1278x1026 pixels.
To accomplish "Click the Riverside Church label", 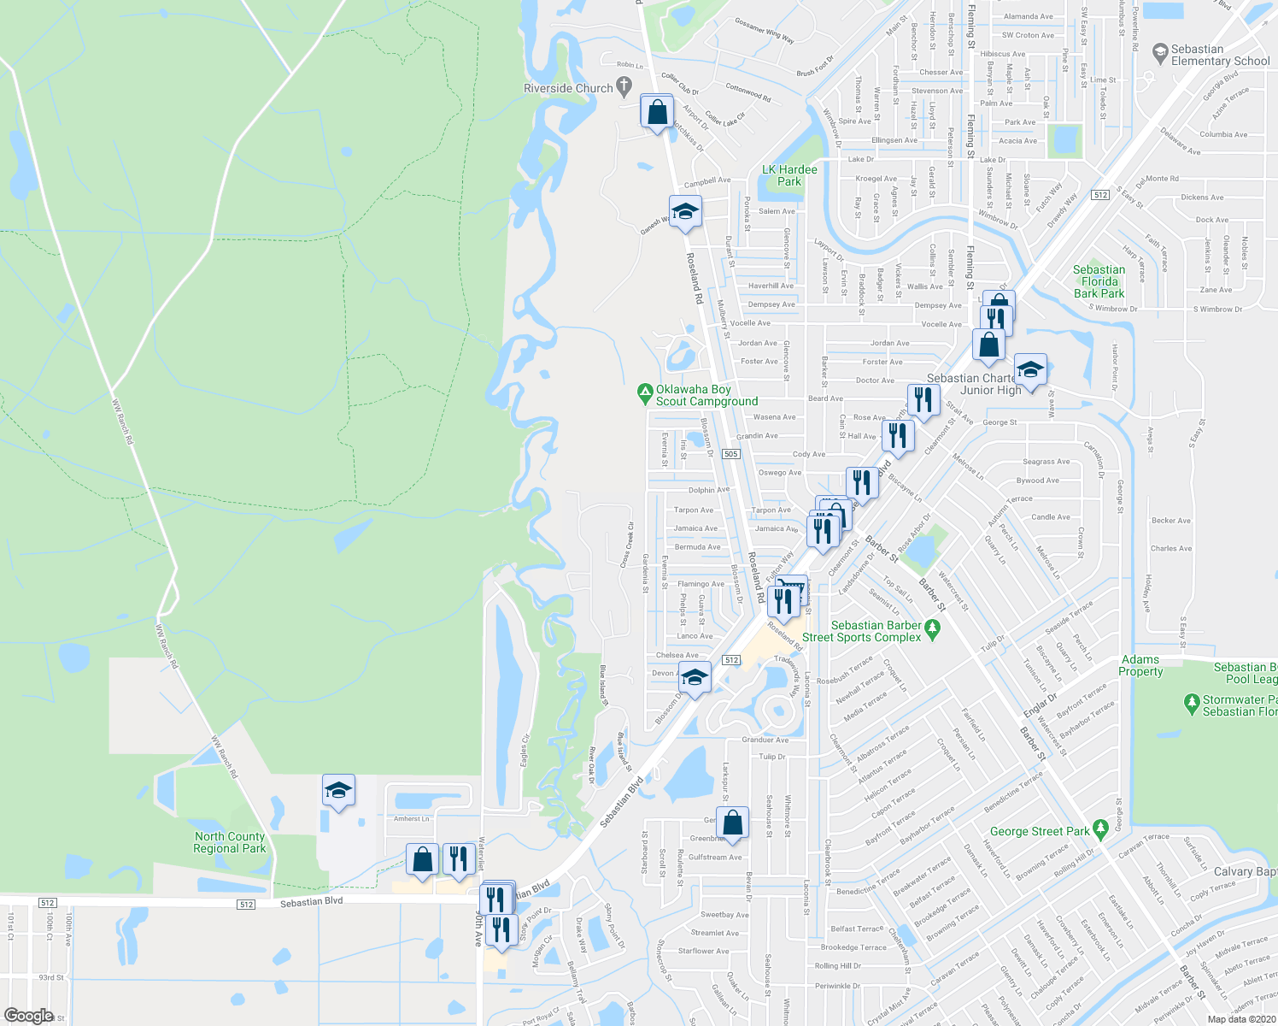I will coord(568,88).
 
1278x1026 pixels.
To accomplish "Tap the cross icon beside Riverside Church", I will coord(624,85).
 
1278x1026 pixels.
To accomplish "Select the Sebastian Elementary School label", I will coord(1220,55).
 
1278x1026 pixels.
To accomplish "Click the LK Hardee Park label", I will coord(789,175).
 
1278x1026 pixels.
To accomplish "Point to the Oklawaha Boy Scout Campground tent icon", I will coord(645,394).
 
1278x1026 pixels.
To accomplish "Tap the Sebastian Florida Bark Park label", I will coord(1099,281).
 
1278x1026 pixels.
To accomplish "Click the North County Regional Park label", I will coord(229,842).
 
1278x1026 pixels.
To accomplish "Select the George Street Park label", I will coord(1040,831).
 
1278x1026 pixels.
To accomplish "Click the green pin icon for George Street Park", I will coord(1101,827).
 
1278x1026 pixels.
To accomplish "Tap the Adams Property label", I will coord(1141,665).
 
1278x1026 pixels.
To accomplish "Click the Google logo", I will coord(28,1016).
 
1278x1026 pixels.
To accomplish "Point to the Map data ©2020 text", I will coord(1241,1019).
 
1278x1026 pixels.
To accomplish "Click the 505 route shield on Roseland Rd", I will coord(730,454).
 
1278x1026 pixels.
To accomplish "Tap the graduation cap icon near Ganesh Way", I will coord(684,211).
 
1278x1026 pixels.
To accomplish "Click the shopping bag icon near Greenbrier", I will coord(733,823).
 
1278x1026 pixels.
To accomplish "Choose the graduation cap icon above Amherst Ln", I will coord(338,790).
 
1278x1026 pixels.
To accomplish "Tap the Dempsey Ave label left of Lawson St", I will coord(771,304).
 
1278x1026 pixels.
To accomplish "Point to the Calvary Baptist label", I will coord(1245,871).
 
